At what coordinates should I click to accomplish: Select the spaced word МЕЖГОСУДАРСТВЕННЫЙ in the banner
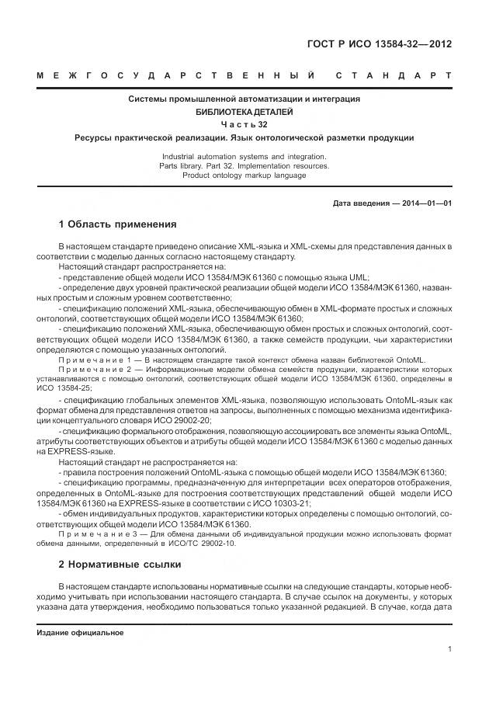[x=175, y=76]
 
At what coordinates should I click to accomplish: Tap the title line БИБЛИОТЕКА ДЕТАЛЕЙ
[x=244, y=112]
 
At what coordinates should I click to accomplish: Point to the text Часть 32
[x=244, y=124]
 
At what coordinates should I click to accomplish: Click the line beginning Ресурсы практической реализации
[x=244, y=137]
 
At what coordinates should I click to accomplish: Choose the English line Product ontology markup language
[x=244, y=176]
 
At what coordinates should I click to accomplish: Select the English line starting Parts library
[x=244, y=165]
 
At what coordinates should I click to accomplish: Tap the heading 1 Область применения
[x=117, y=224]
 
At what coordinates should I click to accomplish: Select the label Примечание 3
[x=88, y=533]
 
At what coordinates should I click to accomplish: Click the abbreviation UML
[x=359, y=276]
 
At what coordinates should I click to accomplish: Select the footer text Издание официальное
[x=81, y=633]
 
